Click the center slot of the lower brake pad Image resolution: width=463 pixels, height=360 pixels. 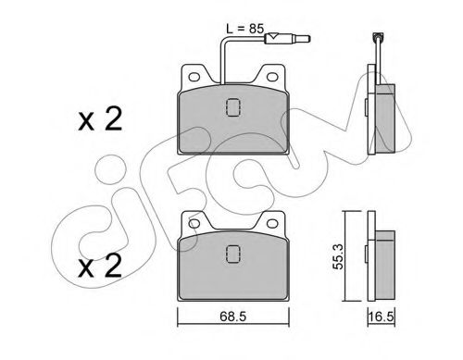point(231,254)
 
